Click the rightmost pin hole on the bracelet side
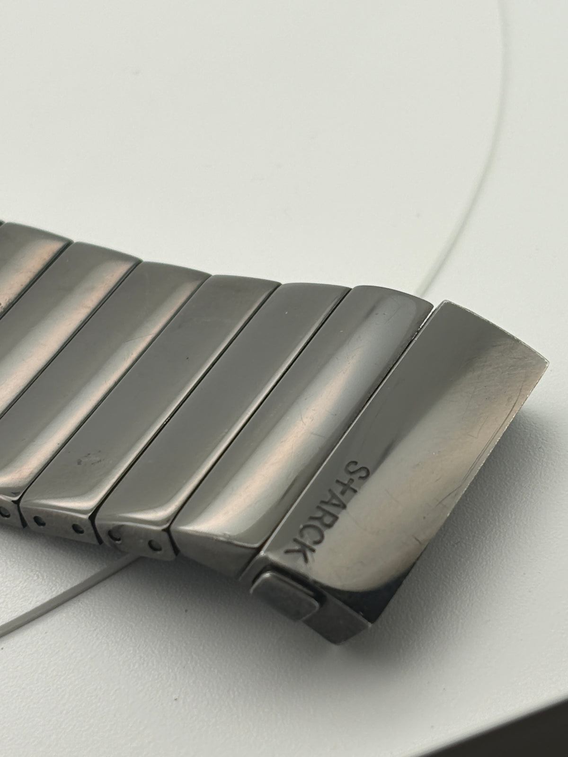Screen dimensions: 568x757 pos(156,546)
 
